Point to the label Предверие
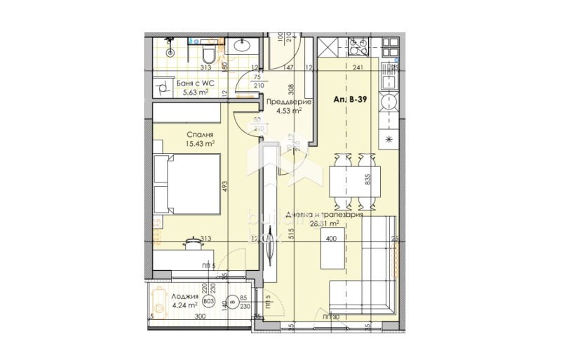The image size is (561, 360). (x=285, y=101)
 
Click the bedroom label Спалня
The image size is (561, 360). (x=200, y=134)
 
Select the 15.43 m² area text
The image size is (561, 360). (x=200, y=143)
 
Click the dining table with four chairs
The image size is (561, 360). (x=354, y=180)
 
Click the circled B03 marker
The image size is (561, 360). (x=208, y=301)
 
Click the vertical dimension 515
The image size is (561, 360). (x=289, y=237)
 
